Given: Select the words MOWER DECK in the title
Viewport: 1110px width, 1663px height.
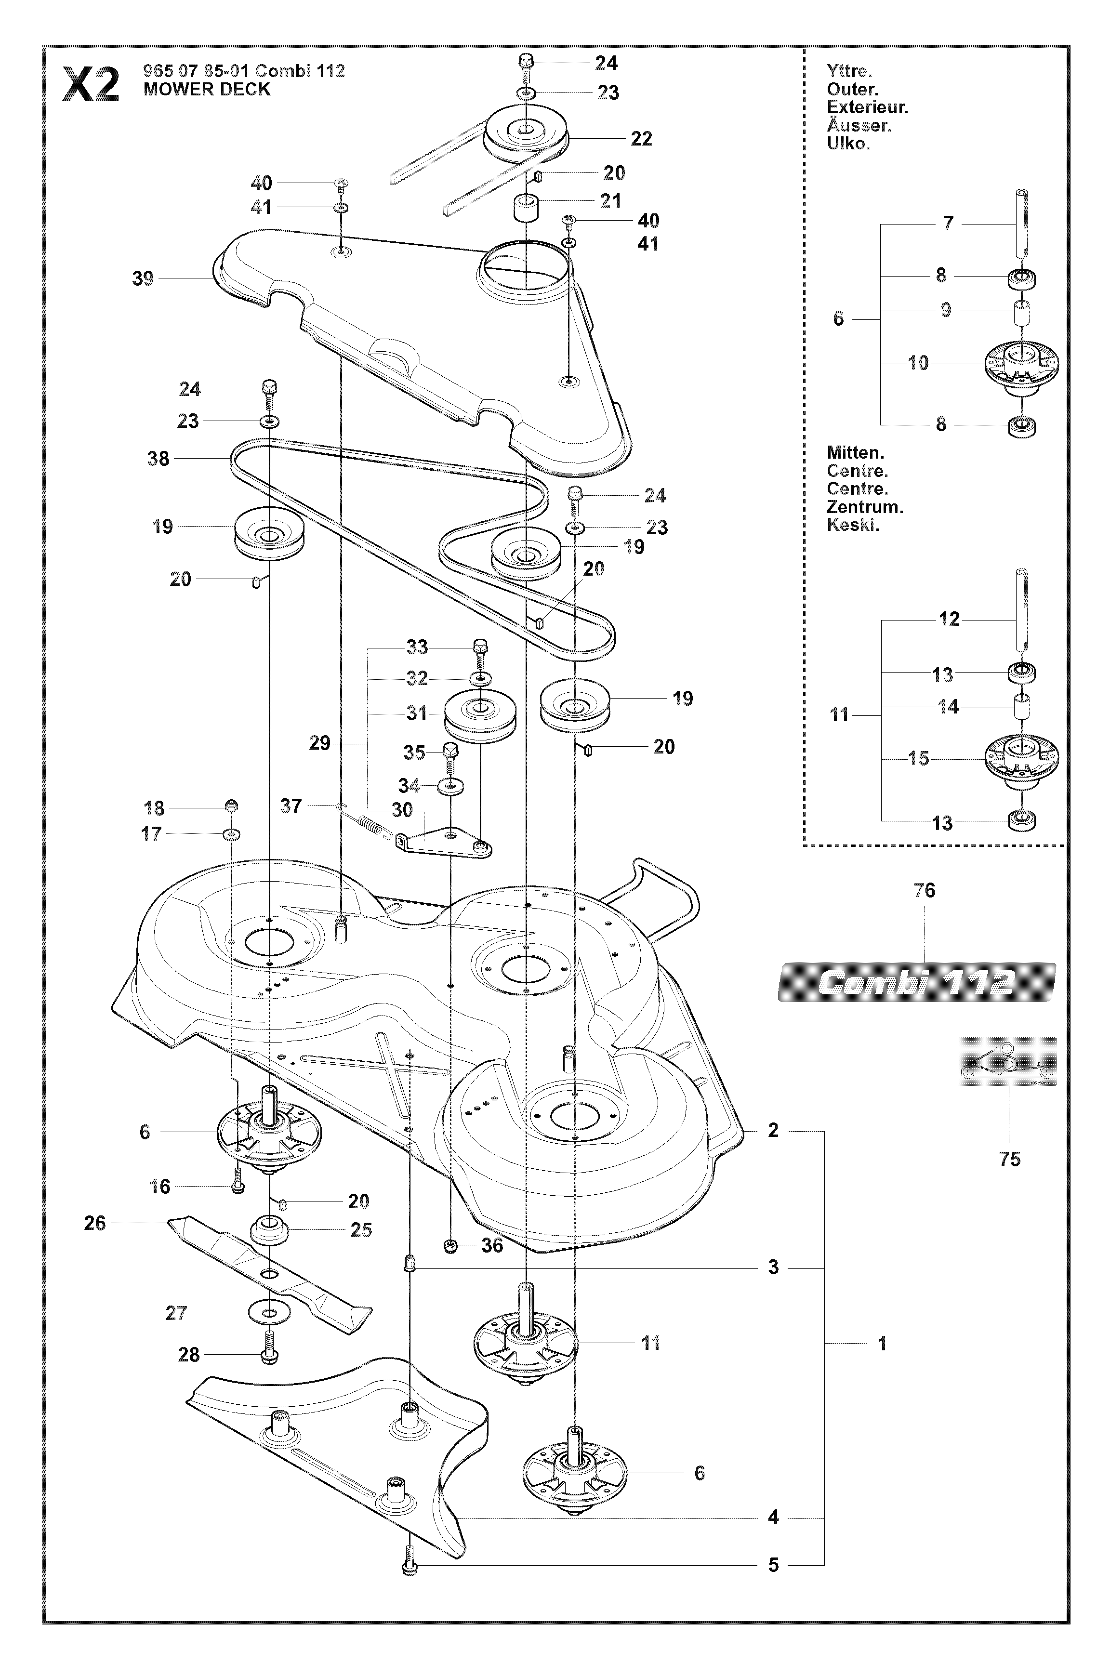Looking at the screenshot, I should (207, 90).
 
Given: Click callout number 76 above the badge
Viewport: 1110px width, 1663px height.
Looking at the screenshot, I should (925, 890).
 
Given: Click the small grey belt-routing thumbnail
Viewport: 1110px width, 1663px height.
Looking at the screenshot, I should (1006, 1061).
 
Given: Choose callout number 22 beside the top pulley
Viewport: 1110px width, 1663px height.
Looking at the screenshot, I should (641, 139).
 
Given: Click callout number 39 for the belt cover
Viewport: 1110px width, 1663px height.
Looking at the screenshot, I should (143, 279).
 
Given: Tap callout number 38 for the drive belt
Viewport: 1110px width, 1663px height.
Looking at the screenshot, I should (158, 459).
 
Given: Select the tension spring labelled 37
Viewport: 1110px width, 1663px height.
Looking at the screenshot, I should (365, 821).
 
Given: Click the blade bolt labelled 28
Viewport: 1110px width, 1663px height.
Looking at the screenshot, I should (269, 1354).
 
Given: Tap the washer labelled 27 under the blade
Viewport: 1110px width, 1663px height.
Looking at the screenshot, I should (269, 1313).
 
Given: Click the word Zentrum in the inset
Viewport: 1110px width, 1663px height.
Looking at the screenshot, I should (864, 507).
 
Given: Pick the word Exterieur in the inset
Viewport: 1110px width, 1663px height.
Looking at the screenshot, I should (867, 107).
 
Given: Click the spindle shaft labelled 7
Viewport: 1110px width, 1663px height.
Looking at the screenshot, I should (1021, 224).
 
